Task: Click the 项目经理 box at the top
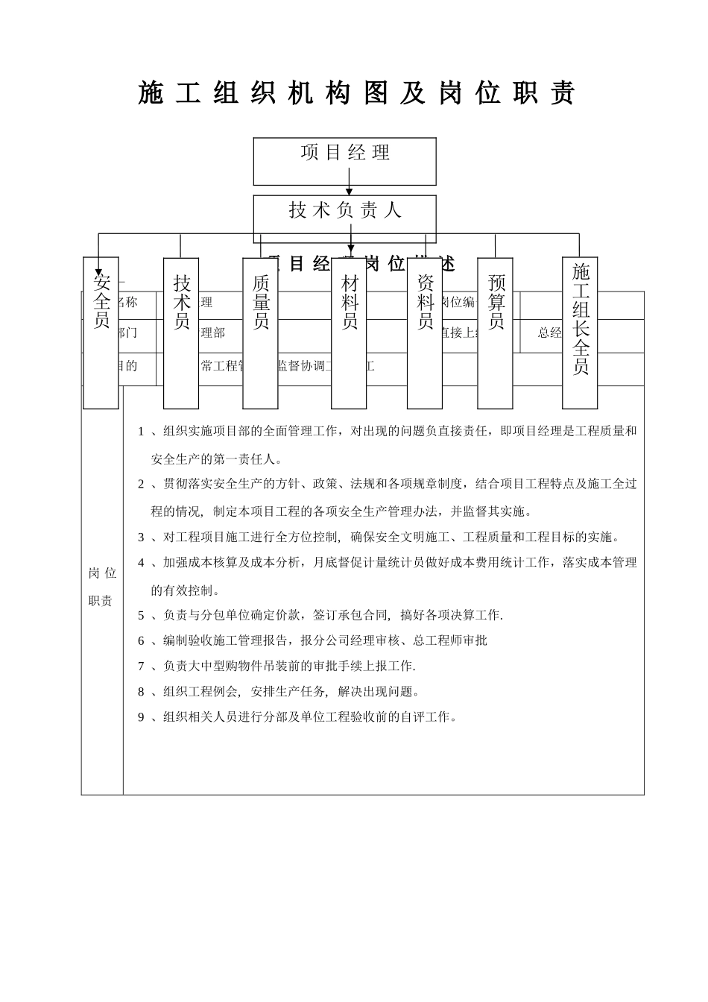tap(344, 160)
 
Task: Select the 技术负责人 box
tap(344, 213)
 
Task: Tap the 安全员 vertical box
tap(101, 333)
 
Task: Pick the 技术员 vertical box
tap(181, 333)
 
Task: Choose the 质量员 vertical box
tap(260, 333)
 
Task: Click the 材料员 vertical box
tap(349, 333)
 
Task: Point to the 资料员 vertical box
tap(425, 333)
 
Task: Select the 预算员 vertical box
tap(496, 333)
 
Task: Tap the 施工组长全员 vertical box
tap(580, 333)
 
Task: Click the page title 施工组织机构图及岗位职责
tap(356, 94)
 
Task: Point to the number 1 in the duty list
tap(141, 431)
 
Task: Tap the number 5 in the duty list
tap(141, 616)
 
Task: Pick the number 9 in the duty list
tap(141, 717)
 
